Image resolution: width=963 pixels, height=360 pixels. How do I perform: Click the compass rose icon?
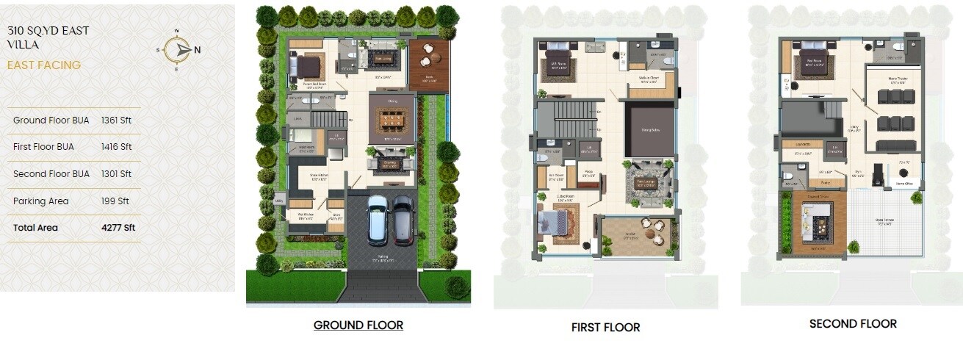pyautogui.click(x=178, y=49)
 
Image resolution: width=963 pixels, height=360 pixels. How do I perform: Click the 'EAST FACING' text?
pyautogui.click(x=44, y=65)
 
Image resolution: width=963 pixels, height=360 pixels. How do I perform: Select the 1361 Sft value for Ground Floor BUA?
pyautogui.click(x=116, y=120)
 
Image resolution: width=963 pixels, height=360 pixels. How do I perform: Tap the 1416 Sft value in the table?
pyautogui.click(x=116, y=147)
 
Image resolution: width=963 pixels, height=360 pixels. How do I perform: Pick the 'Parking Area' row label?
pyautogui.click(x=40, y=201)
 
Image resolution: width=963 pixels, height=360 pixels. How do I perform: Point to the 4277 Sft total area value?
pyautogui.click(x=118, y=228)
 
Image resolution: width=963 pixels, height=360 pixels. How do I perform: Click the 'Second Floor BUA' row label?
pyautogui.click(x=51, y=174)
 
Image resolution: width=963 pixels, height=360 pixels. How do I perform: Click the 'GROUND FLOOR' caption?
pyautogui.click(x=358, y=325)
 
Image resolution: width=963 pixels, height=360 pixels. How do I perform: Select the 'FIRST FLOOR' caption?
pyautogui.click(x=605, y=327)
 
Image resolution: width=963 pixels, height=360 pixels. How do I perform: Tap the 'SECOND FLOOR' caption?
pyautogui.click(x=853, y=323)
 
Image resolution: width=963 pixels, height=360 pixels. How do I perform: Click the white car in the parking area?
pyautogui.click(x=378, y=220)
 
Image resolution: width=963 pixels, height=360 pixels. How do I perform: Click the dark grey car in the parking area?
pyautogui.click(x=403, y=220)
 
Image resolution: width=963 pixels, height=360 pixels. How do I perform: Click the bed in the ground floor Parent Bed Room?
pyautogui.click(x=308, y=68)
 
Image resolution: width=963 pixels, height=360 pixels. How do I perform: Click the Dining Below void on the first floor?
pyautogui.click(x=649, y=130)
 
